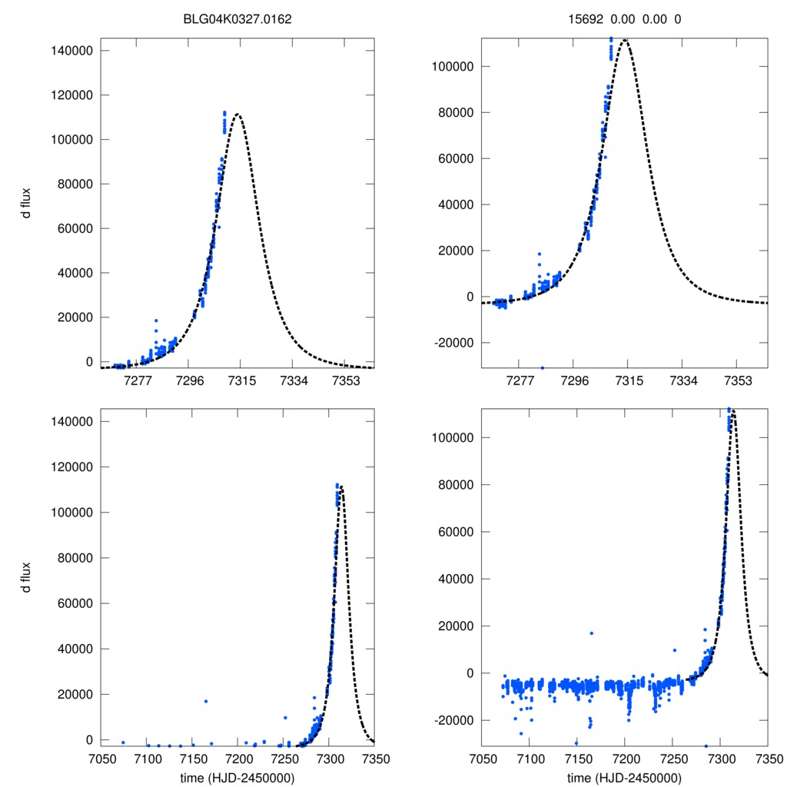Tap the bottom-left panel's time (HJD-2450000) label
[237, 778]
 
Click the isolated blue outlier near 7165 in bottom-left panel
[206, 701]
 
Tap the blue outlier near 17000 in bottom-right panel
[591, 633]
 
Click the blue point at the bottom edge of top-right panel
[543, 367]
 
